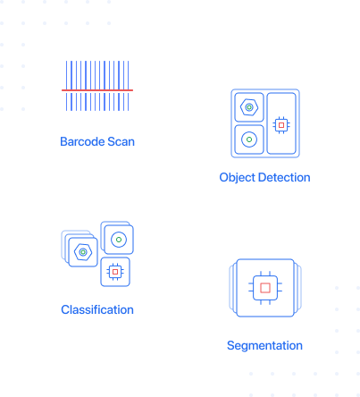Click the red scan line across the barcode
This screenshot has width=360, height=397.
97,90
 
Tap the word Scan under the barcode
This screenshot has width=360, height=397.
121,141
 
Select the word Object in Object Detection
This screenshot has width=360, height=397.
238,178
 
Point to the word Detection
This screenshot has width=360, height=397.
284,177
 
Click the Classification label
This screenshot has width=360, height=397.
97,309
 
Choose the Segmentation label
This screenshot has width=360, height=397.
264,346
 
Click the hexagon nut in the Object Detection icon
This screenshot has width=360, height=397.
249,107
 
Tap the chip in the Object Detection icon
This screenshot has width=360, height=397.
281,125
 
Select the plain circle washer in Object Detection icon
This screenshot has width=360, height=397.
249,139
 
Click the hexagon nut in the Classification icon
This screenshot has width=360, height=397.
83,252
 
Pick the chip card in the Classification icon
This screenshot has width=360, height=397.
115,272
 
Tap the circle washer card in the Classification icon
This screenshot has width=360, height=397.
119,240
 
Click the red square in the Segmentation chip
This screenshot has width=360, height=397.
265,288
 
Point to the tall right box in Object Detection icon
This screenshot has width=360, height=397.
281,123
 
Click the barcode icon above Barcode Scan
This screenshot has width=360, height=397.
97,86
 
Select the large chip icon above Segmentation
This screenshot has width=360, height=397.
265,288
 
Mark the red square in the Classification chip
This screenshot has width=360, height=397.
115,272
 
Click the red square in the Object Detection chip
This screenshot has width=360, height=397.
281,125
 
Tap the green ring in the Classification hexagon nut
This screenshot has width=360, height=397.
83,252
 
